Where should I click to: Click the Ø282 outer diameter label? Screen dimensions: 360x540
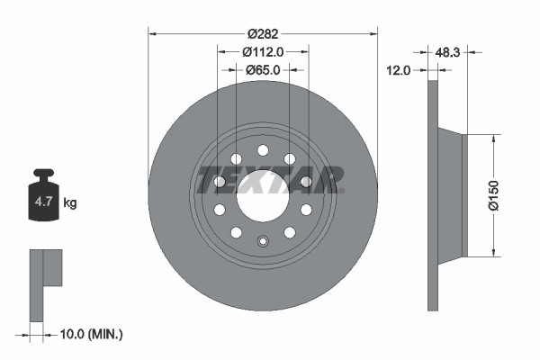(x=263, y=34)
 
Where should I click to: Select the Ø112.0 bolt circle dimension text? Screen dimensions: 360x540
(x=263, y=52)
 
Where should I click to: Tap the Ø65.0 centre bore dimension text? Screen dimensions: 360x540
(x=263, y=69)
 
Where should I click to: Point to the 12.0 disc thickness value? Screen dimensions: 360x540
(x=399, y=69)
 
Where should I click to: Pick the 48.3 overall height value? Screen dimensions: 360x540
(x=447, y=53)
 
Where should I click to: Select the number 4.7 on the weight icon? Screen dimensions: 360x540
(x=43, y=202)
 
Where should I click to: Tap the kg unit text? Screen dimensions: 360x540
(x=69, y=202)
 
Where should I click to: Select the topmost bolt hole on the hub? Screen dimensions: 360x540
(x=263, y=150)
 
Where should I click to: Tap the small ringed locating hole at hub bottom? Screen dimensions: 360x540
(x=263, y=240)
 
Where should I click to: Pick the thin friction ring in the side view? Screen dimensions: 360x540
(x=432, y=195)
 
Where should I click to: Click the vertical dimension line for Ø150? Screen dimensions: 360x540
(x=493, y=195)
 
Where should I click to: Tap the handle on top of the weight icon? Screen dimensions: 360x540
(x=43, y=175)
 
